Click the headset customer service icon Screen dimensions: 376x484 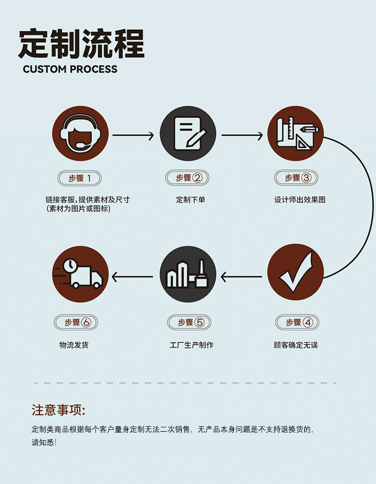point(80,133)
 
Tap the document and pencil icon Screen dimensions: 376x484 point(188,133)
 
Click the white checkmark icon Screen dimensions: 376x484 point(296,272)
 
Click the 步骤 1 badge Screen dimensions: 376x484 point(79,178)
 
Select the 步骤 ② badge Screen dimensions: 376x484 point(187,178)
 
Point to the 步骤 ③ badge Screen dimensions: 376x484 point(296,178)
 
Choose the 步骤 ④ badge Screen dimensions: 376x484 point(297,323)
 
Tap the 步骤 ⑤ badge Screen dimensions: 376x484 point(189,323)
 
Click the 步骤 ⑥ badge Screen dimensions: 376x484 point(76,323)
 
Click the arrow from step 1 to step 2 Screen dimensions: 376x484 point(133,135)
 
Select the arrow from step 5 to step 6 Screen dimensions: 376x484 point(132,277)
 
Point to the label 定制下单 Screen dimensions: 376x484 point(191,200)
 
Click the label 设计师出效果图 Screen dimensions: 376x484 point(300,200)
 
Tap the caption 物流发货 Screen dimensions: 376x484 point(74,345)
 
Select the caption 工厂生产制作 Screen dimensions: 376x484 point(191,345)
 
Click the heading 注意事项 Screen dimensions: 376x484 point(58,410)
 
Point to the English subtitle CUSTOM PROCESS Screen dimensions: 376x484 point(70,69)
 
